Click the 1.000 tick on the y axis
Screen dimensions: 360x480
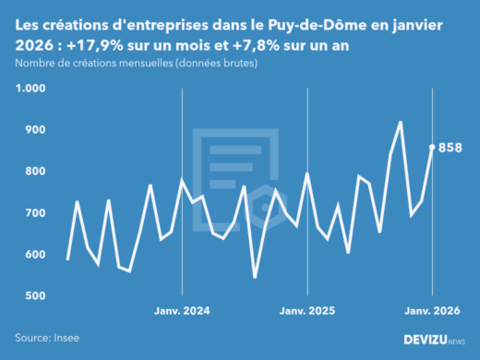[x=30, y=89]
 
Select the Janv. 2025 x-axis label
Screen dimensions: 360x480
[x=307, y=312]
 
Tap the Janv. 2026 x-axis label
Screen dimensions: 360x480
[x=432, y=312]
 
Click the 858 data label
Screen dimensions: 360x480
[x=450, y=148]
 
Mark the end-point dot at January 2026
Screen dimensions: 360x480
[x=432, y=147]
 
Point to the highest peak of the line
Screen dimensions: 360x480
[x=401, y=122]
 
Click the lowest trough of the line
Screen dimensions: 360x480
[x=255, y=277]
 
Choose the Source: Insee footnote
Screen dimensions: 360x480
[x=47, y=339]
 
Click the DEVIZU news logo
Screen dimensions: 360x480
[x=435, y=340]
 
